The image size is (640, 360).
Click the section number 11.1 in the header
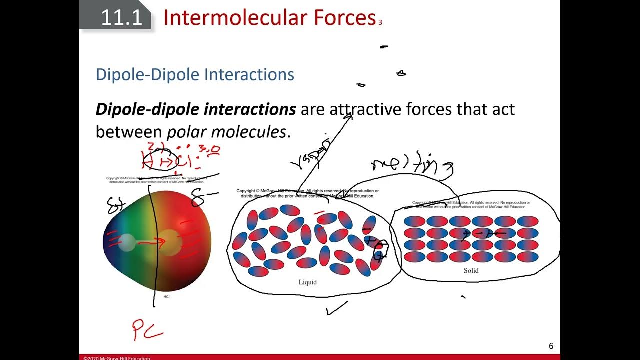coord(121,18)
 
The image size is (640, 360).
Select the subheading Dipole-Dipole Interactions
coord(195,74)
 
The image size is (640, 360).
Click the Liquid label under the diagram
coord(307,282)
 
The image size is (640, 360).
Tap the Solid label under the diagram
coord(471,271)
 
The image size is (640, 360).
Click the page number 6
coord(551,346)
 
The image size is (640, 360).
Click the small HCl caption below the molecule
coord(167,297)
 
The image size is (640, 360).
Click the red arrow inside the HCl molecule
coord(152,243)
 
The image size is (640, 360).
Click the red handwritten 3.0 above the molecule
coord(210,150)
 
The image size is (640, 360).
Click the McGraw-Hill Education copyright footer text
coord(116,357)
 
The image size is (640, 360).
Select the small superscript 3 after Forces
coord(380,23)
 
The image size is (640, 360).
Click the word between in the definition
coord(128,132)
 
